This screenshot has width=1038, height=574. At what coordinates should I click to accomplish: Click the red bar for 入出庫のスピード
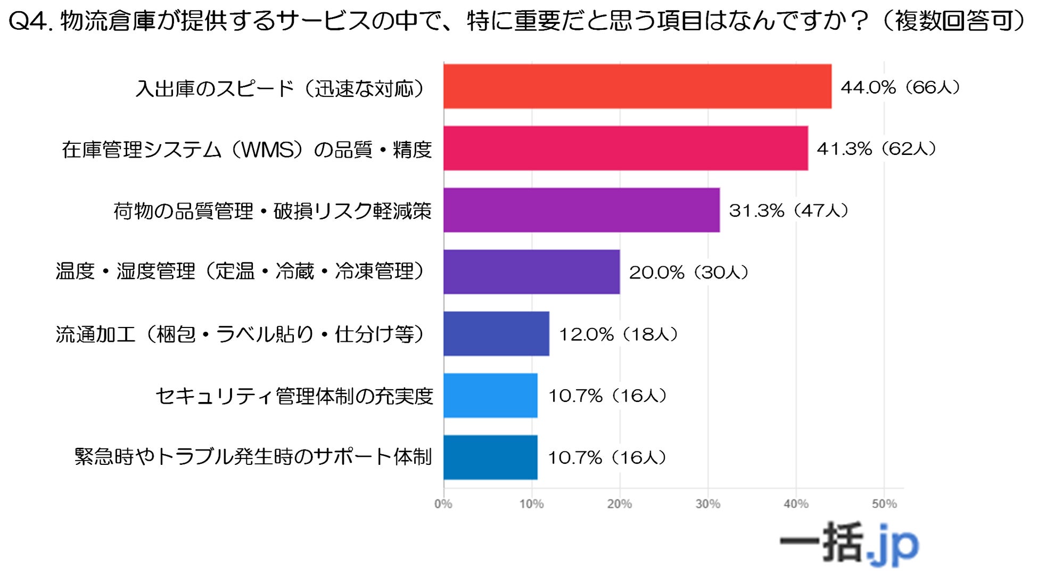[637, 86]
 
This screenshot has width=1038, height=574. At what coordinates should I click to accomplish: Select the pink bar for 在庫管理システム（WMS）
[625, 148]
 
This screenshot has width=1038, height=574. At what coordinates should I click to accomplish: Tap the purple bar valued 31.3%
[581, 210]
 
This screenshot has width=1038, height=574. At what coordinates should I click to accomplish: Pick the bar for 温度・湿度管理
[531, 272]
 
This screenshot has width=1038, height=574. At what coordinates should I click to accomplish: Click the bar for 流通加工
[496, 333]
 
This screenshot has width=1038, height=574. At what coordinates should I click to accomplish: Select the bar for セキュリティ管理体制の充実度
[490, 395]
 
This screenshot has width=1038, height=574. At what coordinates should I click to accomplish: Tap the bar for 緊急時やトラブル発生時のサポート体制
[490, 457]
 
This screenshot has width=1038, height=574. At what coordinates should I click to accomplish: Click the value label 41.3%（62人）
[877, 149]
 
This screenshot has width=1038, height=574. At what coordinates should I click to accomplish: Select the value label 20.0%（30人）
[689, 272]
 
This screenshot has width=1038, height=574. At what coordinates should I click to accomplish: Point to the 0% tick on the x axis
[443, 504]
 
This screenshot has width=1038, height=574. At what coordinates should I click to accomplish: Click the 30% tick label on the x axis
[707, 504]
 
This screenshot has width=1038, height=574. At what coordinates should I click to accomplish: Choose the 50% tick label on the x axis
[884, 504]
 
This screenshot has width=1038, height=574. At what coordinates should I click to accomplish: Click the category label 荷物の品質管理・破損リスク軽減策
[273, 211]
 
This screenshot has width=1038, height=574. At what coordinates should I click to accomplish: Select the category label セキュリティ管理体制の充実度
[294, 396]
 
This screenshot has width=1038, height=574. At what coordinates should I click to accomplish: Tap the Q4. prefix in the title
[31, 21]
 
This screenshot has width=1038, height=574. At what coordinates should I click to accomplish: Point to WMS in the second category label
[268, 150]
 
